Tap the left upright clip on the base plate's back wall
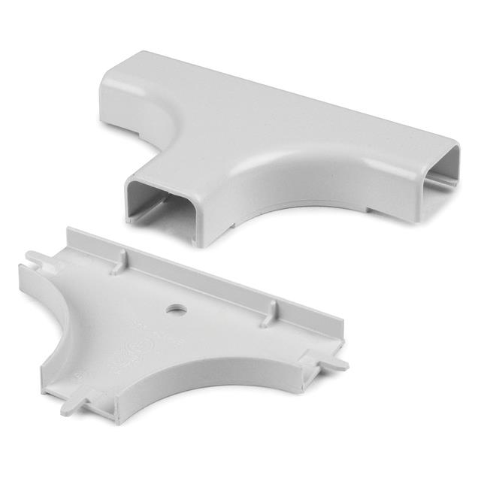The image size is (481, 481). coord(119,261)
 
